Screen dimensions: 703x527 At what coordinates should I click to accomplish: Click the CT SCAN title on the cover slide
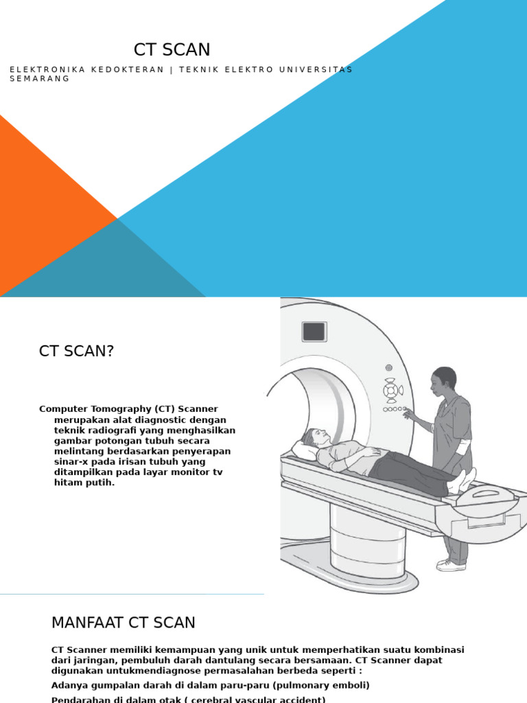pos(172,49)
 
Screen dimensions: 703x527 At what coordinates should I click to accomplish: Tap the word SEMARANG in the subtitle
pos(39,79)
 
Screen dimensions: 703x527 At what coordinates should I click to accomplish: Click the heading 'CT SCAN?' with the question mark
pos(76,351)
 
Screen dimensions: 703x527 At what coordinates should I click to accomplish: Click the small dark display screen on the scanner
pos(314,332)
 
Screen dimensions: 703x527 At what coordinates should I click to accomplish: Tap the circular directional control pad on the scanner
pos(390,391)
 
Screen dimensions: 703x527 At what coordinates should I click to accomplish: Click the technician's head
pos(444,380)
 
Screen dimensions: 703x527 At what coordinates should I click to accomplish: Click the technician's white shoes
pos(451,564)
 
